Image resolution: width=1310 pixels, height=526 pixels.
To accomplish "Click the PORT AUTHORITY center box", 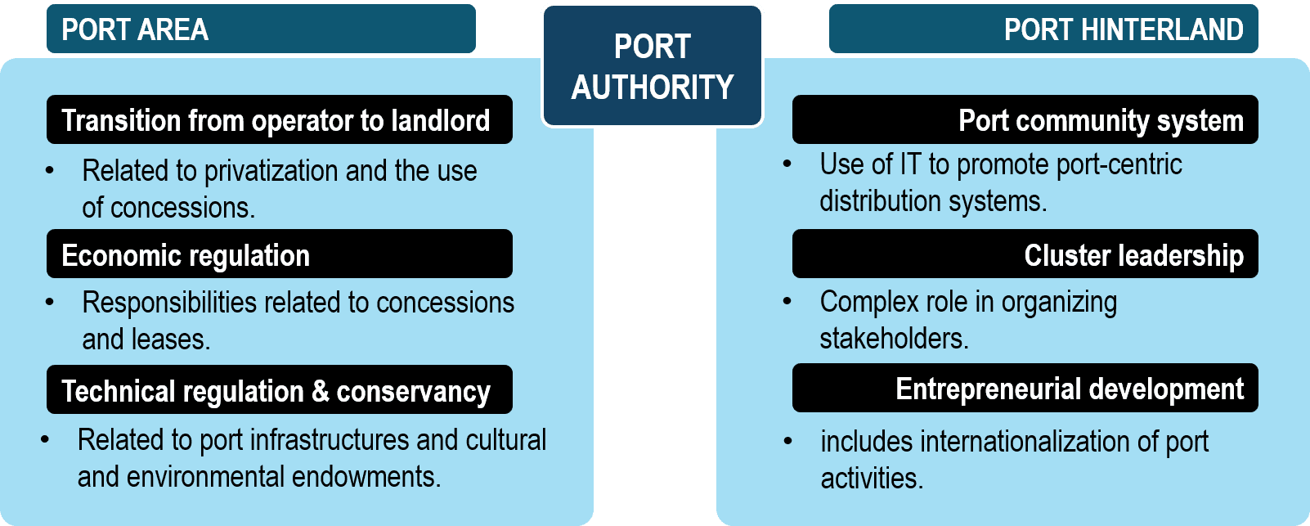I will point(653,66).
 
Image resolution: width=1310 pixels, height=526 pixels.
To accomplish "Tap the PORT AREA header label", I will point(135,30).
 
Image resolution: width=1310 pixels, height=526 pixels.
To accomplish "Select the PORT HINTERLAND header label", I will point(1123,30).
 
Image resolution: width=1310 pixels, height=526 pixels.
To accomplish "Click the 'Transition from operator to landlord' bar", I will point(279,120).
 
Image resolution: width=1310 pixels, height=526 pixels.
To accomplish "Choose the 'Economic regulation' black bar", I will point(279,254).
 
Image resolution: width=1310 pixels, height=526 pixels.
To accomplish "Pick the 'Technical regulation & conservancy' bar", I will point(279,390).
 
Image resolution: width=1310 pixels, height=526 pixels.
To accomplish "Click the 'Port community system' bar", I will point(1025,120).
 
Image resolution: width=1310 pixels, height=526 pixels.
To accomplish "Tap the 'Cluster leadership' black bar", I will point(1025,254).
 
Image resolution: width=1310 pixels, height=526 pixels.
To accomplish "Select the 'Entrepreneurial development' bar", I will point(1025,389).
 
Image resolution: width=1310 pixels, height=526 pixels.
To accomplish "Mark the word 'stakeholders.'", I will point(894,339).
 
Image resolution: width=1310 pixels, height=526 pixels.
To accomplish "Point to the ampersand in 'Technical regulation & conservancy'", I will point(321,391).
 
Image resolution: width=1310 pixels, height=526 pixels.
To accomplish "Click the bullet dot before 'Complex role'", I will point(787,302).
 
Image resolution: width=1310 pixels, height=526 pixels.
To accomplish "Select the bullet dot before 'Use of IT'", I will point(787,164).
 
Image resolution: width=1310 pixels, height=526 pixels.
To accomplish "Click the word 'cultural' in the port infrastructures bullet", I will point(505,440).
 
